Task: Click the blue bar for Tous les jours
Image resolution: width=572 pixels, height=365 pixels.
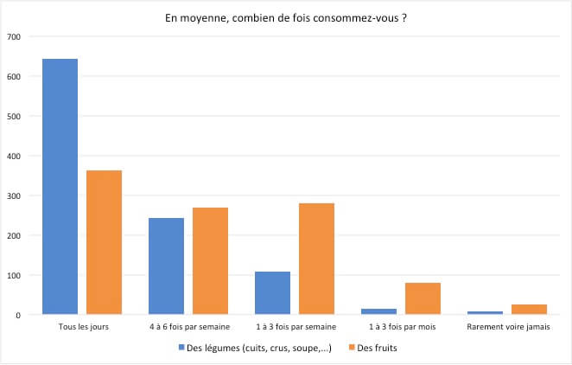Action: [60, 186]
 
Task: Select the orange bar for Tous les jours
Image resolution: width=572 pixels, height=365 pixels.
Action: [104, 242]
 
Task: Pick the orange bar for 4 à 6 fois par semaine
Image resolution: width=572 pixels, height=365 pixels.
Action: [210, 260]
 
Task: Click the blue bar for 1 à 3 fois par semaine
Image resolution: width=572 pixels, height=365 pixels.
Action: [272, 292]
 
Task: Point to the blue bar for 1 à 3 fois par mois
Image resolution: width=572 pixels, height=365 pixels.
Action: [378, 311]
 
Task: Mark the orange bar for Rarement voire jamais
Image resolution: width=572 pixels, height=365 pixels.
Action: [529, 309]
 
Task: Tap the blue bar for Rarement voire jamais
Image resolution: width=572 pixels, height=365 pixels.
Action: [485, 312]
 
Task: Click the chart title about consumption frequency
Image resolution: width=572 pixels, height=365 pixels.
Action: [286, 17]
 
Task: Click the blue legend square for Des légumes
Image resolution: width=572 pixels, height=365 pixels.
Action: [181, 348]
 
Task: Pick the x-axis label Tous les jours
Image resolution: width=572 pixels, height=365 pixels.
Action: [82, 328]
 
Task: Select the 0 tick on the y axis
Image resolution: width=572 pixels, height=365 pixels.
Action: [16, 315]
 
